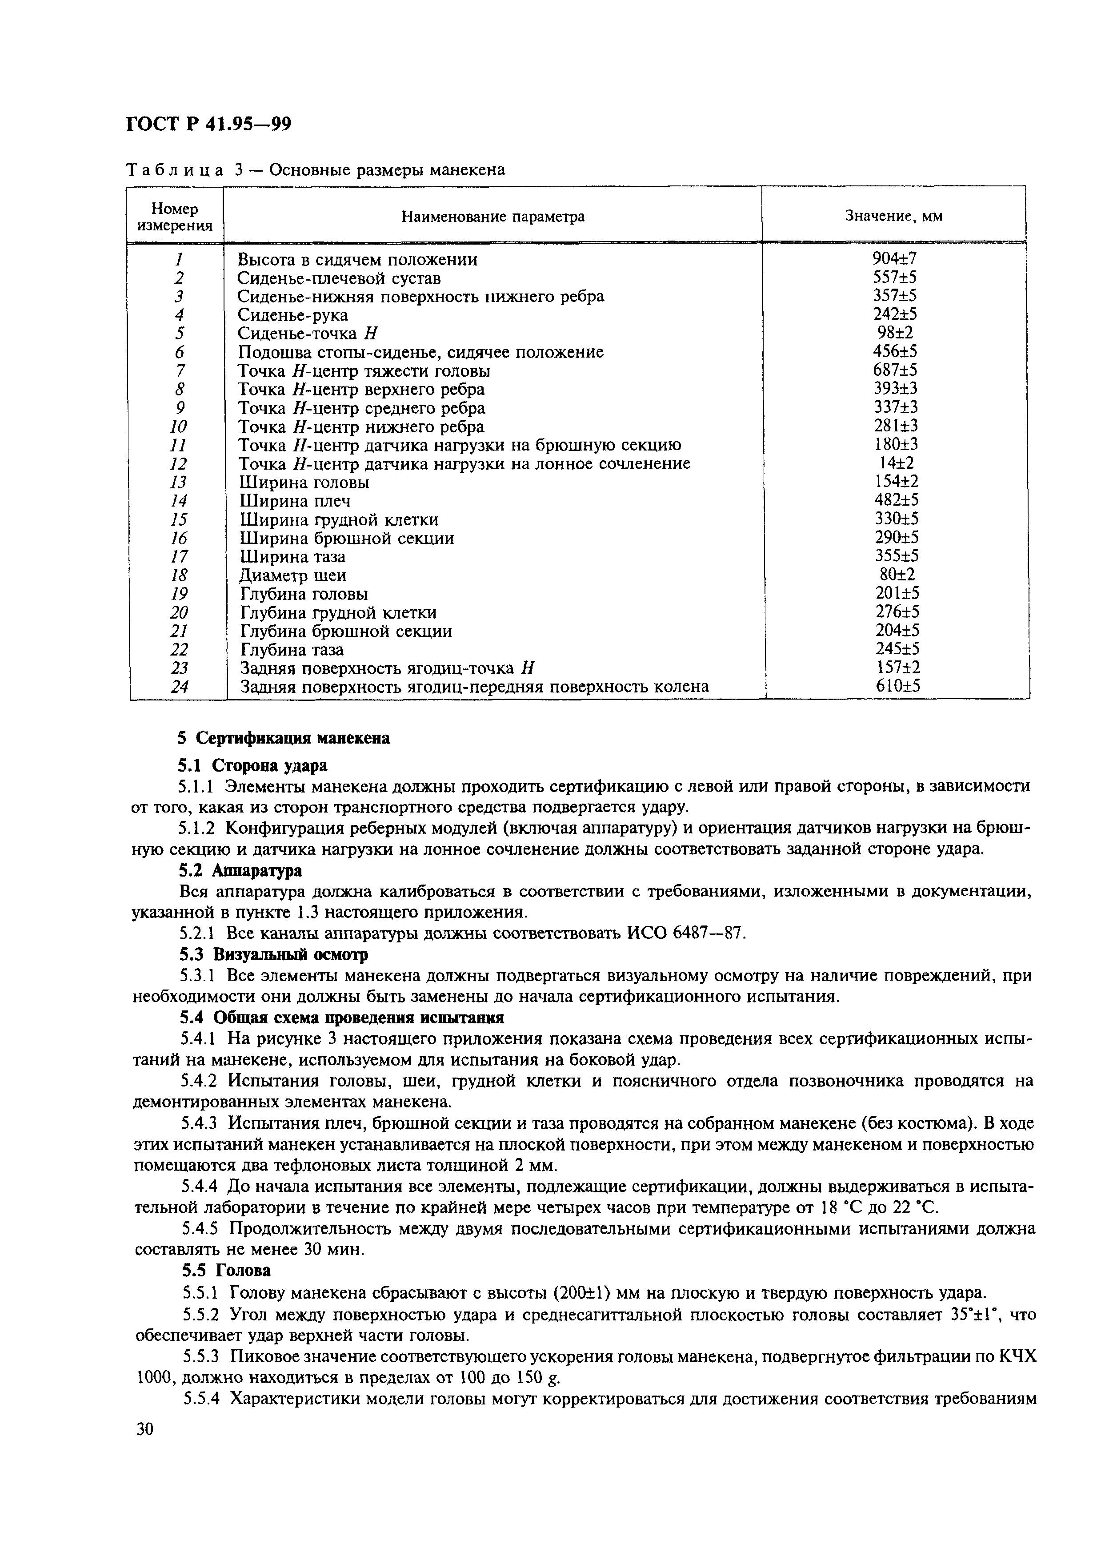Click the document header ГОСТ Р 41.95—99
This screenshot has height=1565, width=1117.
click(x=208, y=124)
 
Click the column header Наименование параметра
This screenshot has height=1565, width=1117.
click(x=492, y=217)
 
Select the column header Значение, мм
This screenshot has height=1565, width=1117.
click(x=893, y=216)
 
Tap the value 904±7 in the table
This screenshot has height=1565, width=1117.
click(x=894, y=259)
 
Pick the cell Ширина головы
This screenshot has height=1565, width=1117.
click(x=303, y=483)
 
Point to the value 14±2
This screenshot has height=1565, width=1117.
click(x=895, y=463)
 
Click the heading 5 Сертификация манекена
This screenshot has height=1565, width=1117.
click(x=284, y=738)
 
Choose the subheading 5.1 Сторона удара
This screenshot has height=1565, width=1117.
click(x=252, y=765)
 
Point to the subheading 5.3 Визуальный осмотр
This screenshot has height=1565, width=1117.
click(x=273, y=954)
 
